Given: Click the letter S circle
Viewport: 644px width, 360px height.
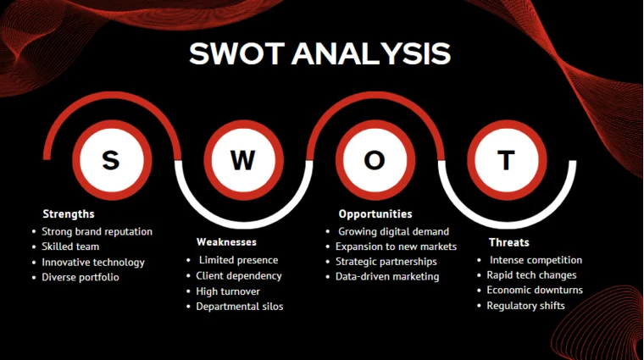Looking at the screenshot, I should [x=111, y=160].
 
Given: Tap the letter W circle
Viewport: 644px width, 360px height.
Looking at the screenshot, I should [x=242, y=160].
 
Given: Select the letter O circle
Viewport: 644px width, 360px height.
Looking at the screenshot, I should [x=375, y=160].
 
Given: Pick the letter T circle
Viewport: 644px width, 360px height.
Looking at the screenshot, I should [x=506, y=160].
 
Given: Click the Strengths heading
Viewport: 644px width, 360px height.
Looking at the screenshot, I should [x=69, y=213].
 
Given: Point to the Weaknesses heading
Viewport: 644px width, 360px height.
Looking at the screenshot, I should [x=226, y=242].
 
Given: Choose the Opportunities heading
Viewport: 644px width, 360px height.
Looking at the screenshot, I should [x=375, y=214].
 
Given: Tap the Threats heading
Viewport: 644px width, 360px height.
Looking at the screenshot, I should [x=509, y=242].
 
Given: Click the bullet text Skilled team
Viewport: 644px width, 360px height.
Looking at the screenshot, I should [x=70, y=246].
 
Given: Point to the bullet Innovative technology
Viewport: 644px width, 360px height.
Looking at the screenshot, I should [x=93, y=263].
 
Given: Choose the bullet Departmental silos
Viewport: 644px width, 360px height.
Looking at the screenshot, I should [x=240, y=307].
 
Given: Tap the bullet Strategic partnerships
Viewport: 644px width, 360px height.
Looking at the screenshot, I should [x=386, y=262].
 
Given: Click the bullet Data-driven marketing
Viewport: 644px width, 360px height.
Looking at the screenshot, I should [x=387, y=277].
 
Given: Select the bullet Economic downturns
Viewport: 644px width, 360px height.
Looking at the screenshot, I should [x=535, y=291].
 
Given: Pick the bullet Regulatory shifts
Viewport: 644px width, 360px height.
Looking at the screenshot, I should [x=525, y=306].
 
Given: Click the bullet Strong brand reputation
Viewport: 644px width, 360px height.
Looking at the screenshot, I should [x=97, y=231].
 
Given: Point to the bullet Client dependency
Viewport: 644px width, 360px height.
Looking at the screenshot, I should [x=239, y=276].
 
